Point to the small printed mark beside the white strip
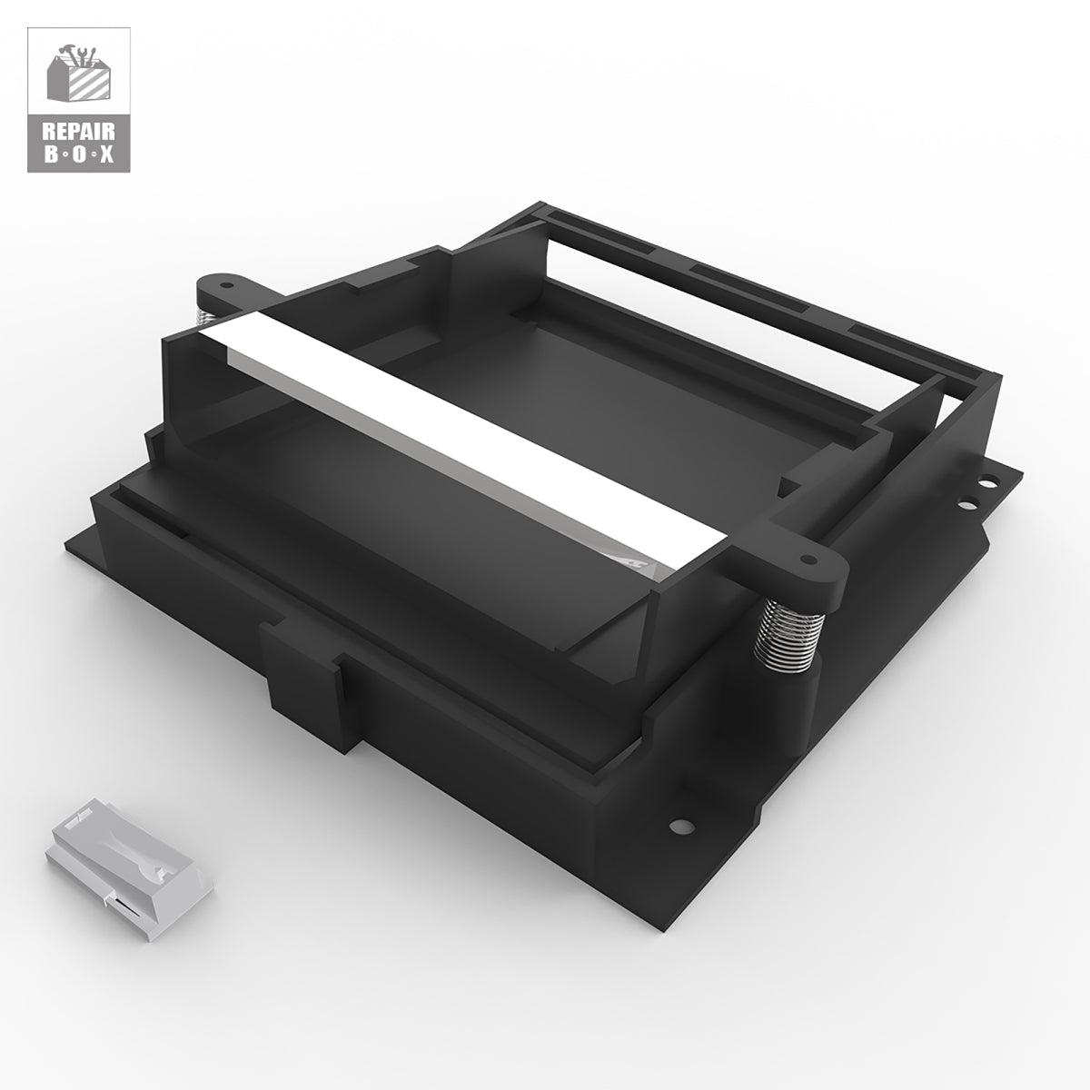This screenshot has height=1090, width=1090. click(647, 562)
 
